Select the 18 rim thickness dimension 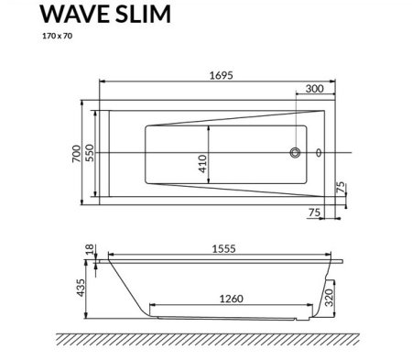tap(89, 250)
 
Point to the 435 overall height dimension tap(82, 287)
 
